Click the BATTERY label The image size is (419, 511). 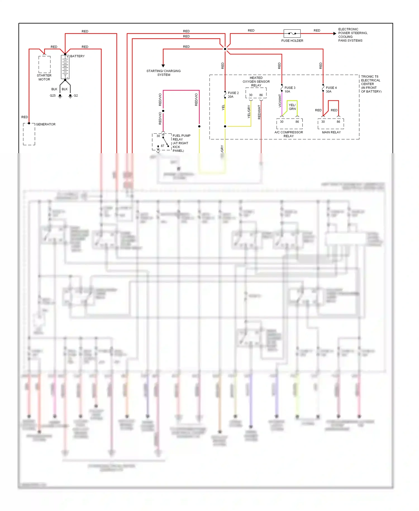pos(77,56)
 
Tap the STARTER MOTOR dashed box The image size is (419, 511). pos(44,64)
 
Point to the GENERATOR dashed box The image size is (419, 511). pos(29,134)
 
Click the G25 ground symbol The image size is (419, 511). pos(60,96)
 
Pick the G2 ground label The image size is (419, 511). pos(76,96)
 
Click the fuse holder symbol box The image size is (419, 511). pos(292,34)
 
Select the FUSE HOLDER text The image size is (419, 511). pos(292,41)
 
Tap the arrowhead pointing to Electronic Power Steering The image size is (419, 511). pos(335,34)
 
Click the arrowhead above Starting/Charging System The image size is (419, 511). pos(163,66)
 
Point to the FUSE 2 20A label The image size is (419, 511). pos(233,95)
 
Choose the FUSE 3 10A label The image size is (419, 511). pos(290,90)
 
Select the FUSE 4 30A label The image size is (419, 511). pos(331,90)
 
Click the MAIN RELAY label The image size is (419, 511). pos(331,132)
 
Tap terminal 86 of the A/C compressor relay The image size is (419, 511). pos(297,122)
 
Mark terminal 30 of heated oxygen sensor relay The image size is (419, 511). pos(251,95)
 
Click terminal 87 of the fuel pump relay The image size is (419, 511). pos(162,146)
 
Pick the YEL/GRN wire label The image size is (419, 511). pos(292,107)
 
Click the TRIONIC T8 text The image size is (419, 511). pos(370,77)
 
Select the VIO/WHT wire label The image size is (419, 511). pos(280,101)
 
